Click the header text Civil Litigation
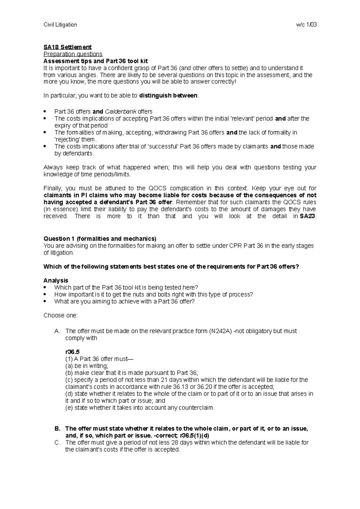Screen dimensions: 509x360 tap(60, 25)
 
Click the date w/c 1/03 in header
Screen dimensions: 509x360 tap(306, 25)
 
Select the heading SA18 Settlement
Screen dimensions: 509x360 tap(67, 47)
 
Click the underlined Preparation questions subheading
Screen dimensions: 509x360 tap(73, 54)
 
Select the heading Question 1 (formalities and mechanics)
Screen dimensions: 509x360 tap(100, 239)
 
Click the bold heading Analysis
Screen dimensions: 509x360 tap(56, 281)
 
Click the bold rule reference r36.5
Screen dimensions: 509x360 tap(72, 352)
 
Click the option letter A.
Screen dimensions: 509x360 tap(57, 331)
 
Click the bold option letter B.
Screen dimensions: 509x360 tap(57, 429)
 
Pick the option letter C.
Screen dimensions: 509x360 tap(57, 442)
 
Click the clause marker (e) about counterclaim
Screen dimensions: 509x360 tap(69, 408)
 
